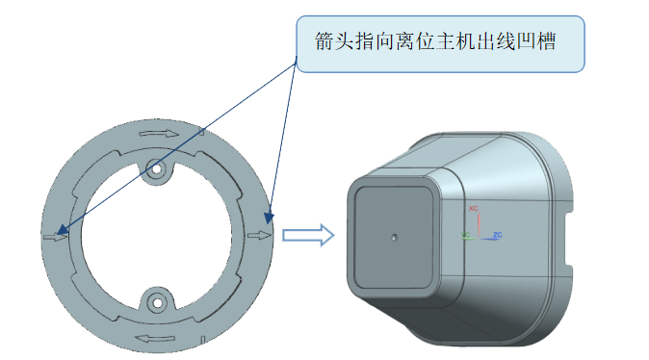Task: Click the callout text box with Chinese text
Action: click(440, 43)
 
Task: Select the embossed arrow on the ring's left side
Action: click(55, 235)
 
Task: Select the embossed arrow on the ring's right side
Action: click(258, 234)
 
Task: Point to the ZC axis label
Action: click(497, 234)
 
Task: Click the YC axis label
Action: click(466, 234)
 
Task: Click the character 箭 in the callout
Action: click(324, 43)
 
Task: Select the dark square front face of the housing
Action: click(394, 235)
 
